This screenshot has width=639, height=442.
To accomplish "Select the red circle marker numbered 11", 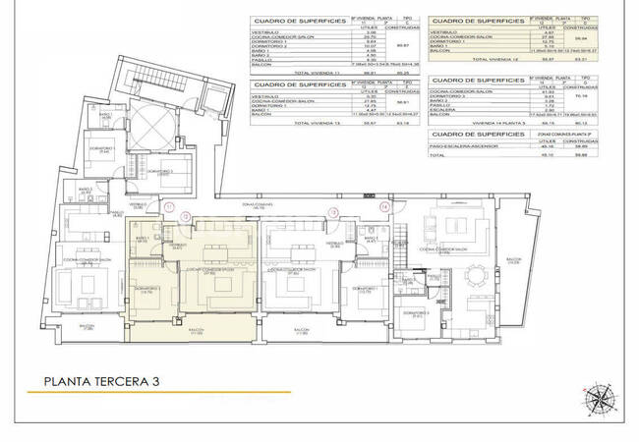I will (170, 207).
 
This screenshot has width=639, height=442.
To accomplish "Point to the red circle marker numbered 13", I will (332, 209).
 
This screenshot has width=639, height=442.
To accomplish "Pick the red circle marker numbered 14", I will (385, 208).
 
